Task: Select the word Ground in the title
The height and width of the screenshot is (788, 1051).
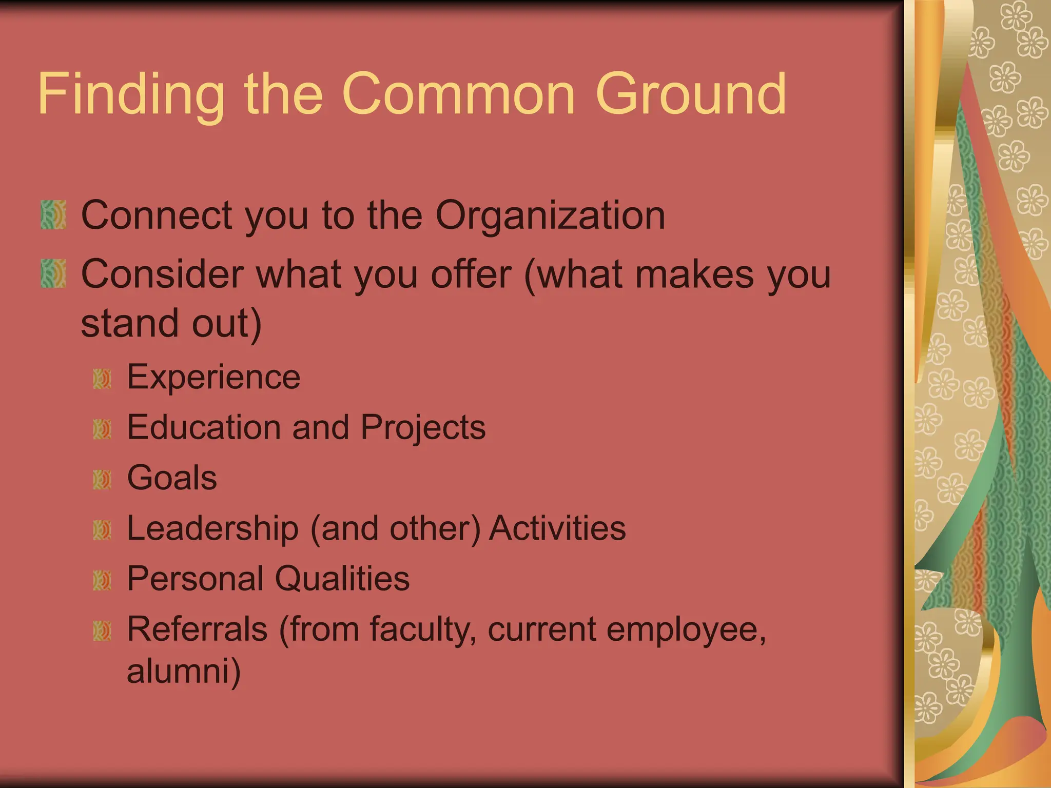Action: coord(690,95)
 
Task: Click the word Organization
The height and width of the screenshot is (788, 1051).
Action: coord(550,215)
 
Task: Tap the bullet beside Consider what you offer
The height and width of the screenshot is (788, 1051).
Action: coord(53,273)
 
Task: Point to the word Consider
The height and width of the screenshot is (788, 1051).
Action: coord(162,274)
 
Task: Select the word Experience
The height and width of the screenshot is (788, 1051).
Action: coord(213,377)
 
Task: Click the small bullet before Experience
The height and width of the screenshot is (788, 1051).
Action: coord(102,379)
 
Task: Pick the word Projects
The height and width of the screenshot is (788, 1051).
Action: coord(423,427)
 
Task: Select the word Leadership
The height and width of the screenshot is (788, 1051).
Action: coord(212,528)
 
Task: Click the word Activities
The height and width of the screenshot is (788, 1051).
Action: coord(557,528)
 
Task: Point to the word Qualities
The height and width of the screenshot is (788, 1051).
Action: coord(342,579)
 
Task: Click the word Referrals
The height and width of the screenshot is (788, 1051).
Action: coord(197,629)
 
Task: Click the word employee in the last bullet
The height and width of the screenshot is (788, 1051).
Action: coord(686,630)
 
